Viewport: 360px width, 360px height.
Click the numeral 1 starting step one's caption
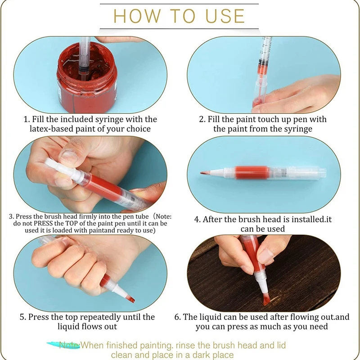pos(26,119)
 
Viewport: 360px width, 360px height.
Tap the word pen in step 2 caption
pos(292,119)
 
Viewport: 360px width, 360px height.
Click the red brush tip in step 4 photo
pos(204,173)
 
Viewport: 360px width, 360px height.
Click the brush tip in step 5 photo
pos(130,298)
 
